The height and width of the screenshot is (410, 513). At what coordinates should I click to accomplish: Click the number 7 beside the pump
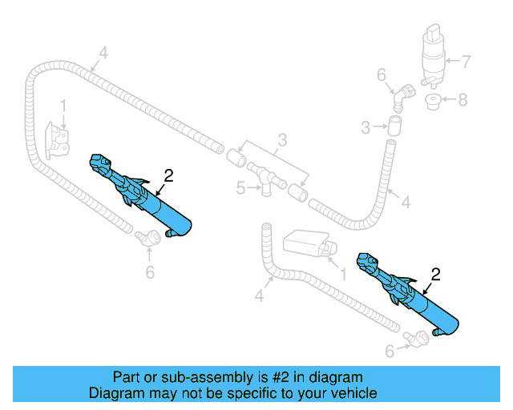[470, 60]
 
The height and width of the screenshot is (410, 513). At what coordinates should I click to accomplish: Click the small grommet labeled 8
[434, 102]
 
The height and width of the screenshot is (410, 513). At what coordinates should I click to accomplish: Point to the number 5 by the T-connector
[240, 189]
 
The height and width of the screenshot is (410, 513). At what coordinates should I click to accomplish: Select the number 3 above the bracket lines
[281, 142]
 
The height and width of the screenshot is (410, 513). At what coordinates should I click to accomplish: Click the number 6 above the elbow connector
[382, 75]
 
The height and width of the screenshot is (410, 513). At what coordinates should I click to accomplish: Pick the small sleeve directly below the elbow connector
[394, 125]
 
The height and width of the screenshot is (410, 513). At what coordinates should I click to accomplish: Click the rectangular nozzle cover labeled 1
[308, 244]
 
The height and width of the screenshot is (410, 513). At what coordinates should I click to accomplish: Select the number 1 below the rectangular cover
[343, 274]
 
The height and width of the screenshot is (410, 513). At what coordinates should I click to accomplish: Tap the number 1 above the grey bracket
[63, 105]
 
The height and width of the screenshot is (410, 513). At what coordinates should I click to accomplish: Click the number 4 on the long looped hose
[102, 54]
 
